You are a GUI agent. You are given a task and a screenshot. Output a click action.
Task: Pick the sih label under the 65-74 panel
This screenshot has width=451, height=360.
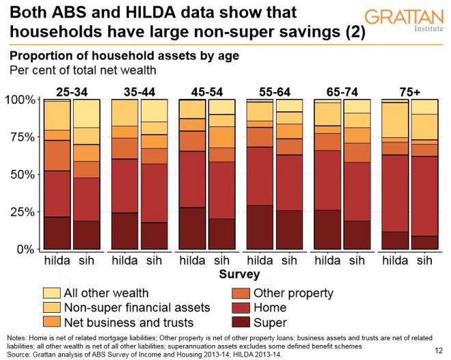(357, 260)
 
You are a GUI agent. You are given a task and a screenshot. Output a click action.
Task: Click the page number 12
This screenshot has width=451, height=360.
(437, 350)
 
